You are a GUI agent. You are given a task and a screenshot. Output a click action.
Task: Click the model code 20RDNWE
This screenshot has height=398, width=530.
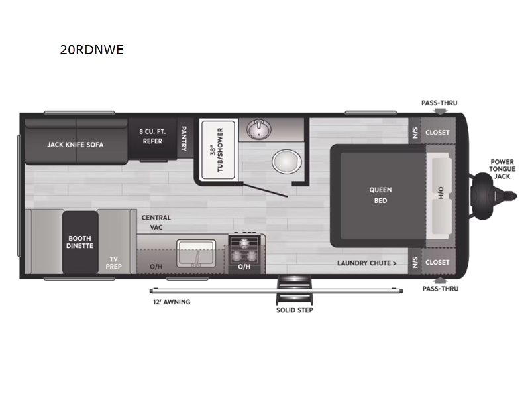[92, 50]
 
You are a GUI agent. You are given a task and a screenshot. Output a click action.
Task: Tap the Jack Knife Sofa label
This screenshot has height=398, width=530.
[75, 145]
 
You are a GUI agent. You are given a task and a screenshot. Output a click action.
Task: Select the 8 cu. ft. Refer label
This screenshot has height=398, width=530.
[152, 136]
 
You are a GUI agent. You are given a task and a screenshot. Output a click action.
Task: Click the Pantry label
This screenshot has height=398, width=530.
[184, 139]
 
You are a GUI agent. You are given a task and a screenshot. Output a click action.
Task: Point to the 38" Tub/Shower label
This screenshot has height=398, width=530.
[217, 150]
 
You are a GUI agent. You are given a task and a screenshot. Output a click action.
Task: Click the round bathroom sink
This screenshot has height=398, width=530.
[258, 129]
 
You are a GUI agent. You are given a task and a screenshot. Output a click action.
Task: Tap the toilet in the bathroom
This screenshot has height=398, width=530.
[287, 162]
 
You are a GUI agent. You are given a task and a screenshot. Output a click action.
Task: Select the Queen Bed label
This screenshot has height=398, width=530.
[380, 195]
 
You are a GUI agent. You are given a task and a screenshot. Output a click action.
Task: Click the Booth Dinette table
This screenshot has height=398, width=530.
[80, 242]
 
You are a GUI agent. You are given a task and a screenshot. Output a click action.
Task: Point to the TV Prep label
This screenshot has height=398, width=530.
[113, 263]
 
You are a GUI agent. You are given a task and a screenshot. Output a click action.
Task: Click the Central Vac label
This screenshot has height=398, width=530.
[156, 222]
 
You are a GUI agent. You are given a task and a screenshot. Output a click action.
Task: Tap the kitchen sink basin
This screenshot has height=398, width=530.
[196, 253]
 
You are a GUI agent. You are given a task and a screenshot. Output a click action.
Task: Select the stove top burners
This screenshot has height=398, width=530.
[244, 250]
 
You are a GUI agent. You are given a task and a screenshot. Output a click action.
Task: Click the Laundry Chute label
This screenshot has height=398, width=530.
[366, 263]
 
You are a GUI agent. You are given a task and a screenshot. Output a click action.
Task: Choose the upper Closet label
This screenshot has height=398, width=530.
[437, 133]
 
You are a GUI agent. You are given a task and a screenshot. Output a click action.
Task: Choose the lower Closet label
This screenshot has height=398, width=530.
[437, 262]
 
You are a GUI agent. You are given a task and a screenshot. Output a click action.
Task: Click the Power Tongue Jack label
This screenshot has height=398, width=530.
[502, 169]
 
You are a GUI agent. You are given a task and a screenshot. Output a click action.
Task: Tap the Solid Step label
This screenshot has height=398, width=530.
[294, 310]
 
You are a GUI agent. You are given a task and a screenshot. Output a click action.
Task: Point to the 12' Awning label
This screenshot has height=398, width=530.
[172, 302]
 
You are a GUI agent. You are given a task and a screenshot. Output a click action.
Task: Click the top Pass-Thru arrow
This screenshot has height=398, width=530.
[439, 111]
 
